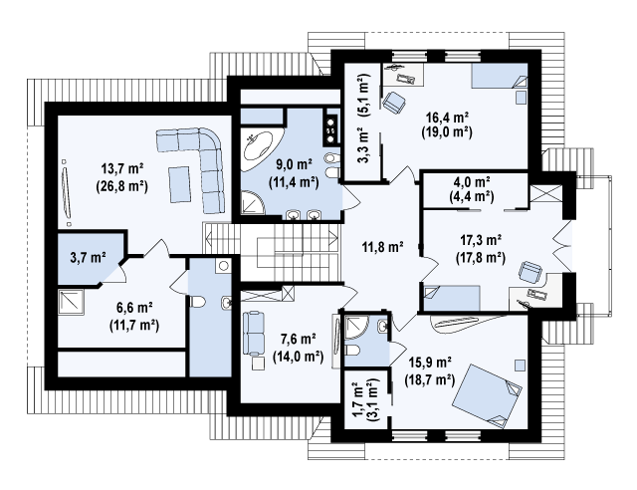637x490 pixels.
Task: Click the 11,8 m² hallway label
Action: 382,246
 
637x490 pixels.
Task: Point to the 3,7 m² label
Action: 89,257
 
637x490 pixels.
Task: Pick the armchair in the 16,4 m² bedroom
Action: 393,102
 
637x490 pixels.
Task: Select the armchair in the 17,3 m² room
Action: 531,271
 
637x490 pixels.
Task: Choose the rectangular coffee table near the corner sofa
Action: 180,184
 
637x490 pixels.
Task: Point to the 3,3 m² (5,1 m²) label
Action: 363,118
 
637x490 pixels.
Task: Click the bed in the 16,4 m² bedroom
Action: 500,76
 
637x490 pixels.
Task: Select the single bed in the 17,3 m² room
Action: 451,298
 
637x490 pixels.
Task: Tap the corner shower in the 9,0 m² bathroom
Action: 253,202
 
